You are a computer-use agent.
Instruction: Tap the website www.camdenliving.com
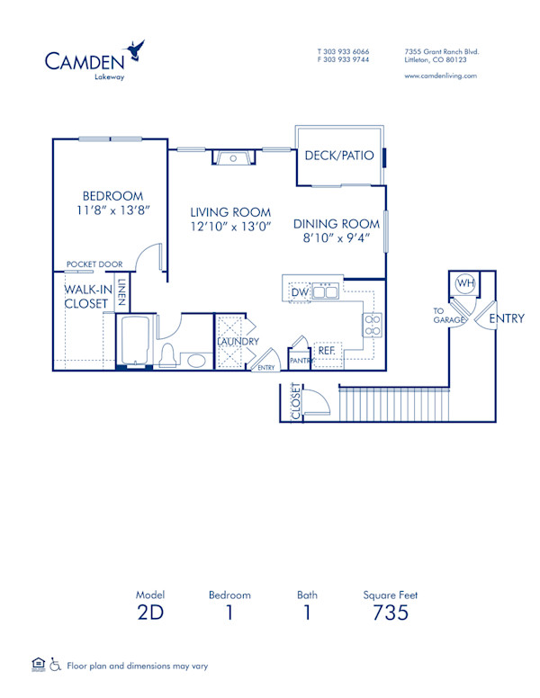pyautogui.click(x=441, y=76)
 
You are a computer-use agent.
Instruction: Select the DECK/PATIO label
pyautogui.click(x=338, y=156)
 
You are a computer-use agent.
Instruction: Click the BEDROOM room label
pyautogui.click(x=112, y=196)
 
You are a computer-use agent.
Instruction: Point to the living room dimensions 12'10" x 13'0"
pyautogui.click(x=230, y=227)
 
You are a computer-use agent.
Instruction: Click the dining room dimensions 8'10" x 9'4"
pyautogui.click(x=337, y=239)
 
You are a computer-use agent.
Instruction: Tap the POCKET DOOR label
pyautogui.click(x=94, y=264)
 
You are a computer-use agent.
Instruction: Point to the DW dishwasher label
pyautogui.click(x=299, y=292)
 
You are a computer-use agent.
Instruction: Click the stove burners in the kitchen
pyautogui.click(x=372, y=325)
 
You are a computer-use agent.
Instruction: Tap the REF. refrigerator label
pyautogui.click(x=326, y=350)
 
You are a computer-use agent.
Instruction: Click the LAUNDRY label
pyautogui.click(x=238, y=342)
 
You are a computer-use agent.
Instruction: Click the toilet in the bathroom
pyautogui.click(x=167, y=355)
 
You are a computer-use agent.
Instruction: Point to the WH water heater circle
pyautogui.click(x=465, y=282)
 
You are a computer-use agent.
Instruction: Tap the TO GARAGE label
pyautogui.click(x=447, y=315)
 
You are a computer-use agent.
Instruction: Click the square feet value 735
pyautogui.click(x=391, y=613)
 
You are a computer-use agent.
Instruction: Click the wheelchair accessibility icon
pyautogui.click(x=55, y=666)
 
